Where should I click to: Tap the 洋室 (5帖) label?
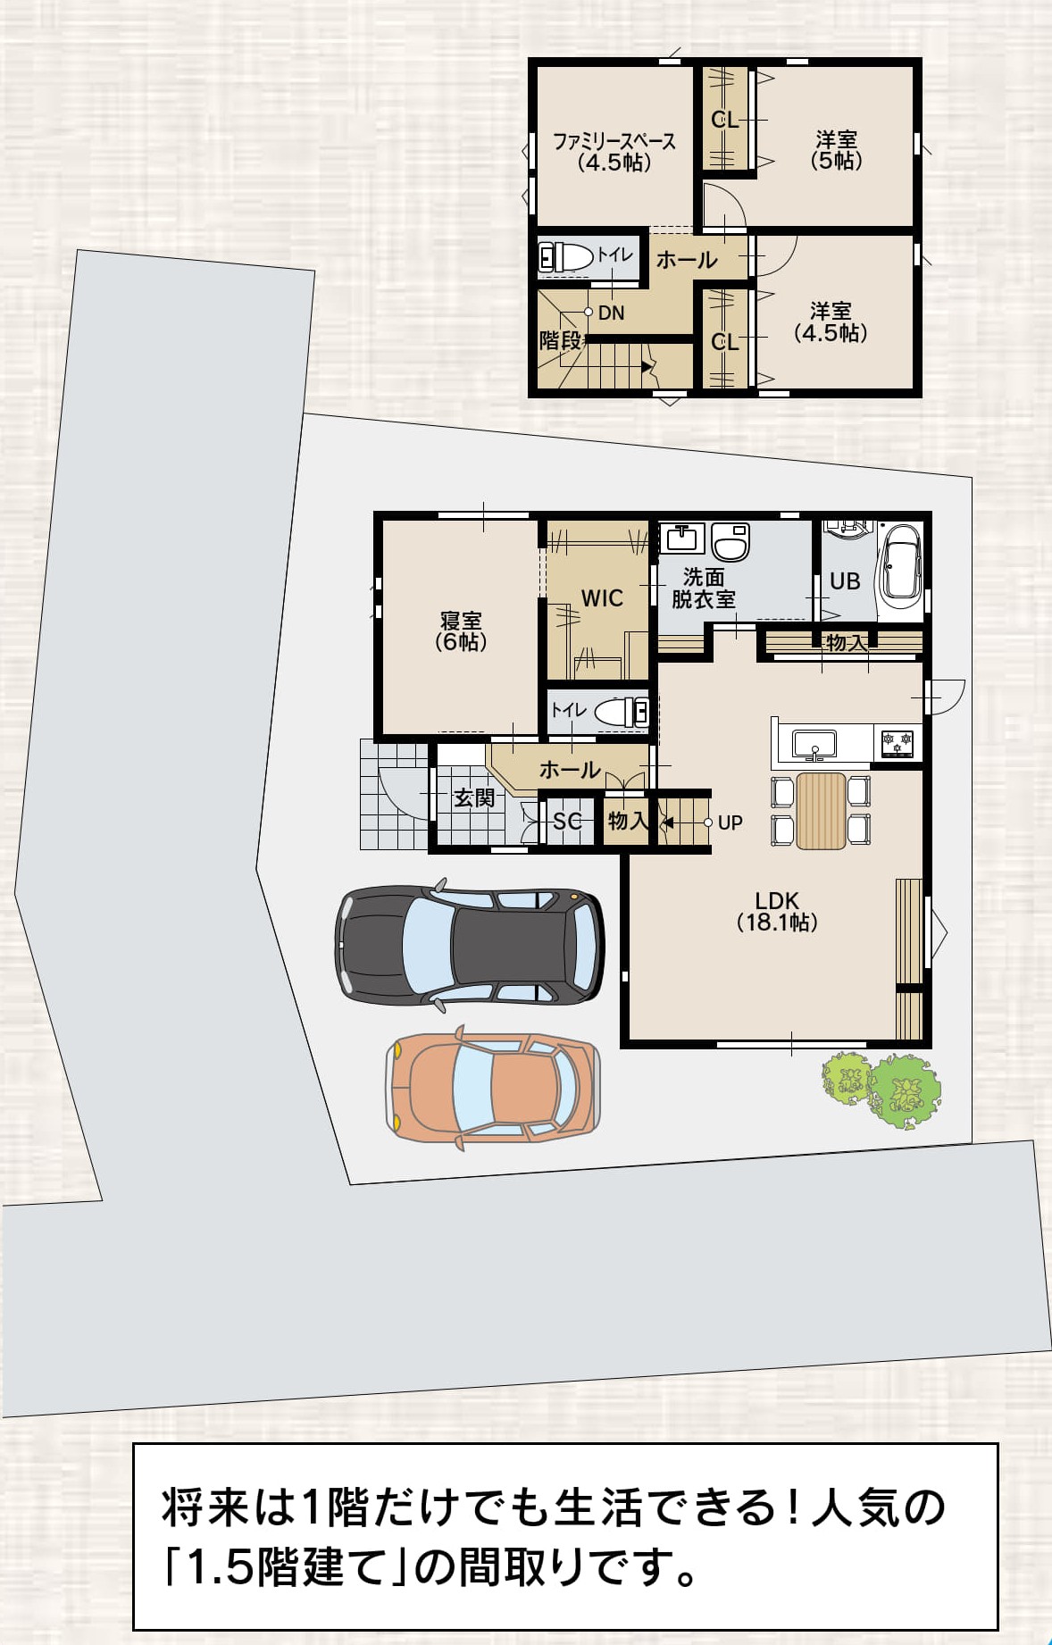pyautogui.click(x=836, y=150)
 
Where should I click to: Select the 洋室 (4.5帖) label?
pyautogui.click(x=831, y=321)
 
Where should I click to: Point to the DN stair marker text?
pyautogui.click(x=612, y=313)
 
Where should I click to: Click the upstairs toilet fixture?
pyautogui.click(x=566, y=257)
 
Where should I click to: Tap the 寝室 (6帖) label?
pyautogui.click(x=461, y=630)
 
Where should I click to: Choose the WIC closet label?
pyautogui.click(x=602, y=598)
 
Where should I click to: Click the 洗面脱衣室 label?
pyautogui.click(x=704, y=589)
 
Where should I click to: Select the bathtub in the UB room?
pyautogui.click(x=900, y=567)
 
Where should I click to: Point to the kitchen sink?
pyautogui.click(x=814, y=744)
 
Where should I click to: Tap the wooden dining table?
pyautogui.click(x=821, y=811)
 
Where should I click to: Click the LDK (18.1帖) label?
pyautogui.click(x=777, y=911)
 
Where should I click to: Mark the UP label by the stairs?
pyautogui.click(x=730, y=822)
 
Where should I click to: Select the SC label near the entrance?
pyautogui.click(x=567, y=821)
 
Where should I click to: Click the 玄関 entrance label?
pyautogui.click(x=474, y=797)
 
